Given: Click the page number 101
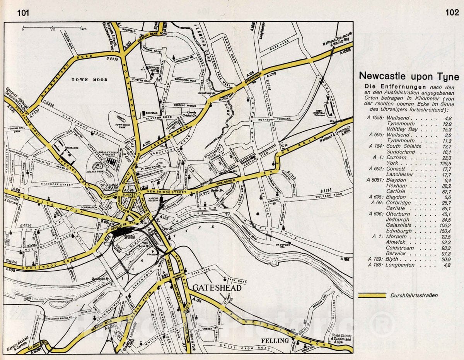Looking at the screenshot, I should coord(23,13).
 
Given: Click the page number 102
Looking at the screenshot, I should coord(452,12).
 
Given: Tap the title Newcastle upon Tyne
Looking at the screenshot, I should coord(409,76).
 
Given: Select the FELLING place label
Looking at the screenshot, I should coord(275,341).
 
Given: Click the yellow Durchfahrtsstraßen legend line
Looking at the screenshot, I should coord(372,295).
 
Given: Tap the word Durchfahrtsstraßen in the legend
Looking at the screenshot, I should coord(414,296).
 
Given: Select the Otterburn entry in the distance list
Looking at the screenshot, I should coord(398,214).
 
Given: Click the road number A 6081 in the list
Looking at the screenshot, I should coord(374,180).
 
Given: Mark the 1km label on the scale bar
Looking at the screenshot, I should coord(84,29).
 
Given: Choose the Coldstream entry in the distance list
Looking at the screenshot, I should coord(400,248).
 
